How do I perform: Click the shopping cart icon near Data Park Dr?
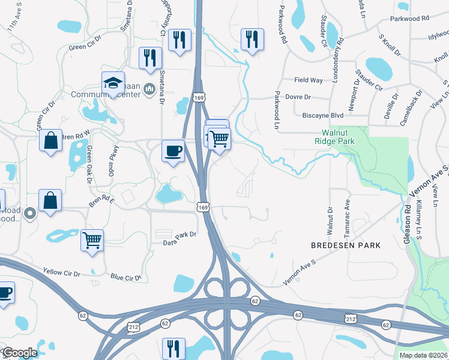pyautogui.click(x=92, y=241)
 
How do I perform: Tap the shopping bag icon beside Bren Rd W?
pyautogui.click(x=52, y=141)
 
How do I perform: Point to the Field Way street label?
pyautogui.click(x=309, y=80)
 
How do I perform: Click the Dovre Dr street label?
pyautogui.click(x=298, y=97)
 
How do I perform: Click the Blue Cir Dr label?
pyautogui.click(x=125, y=277)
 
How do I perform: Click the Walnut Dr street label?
pyautogui.click(x=330, y=221)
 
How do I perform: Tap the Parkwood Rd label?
pyautogui.click(x=409, y=19)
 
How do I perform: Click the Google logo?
pyautogui.click(x=20, y=353)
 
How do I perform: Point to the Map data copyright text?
pyautogui.click(x=423, y=355)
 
